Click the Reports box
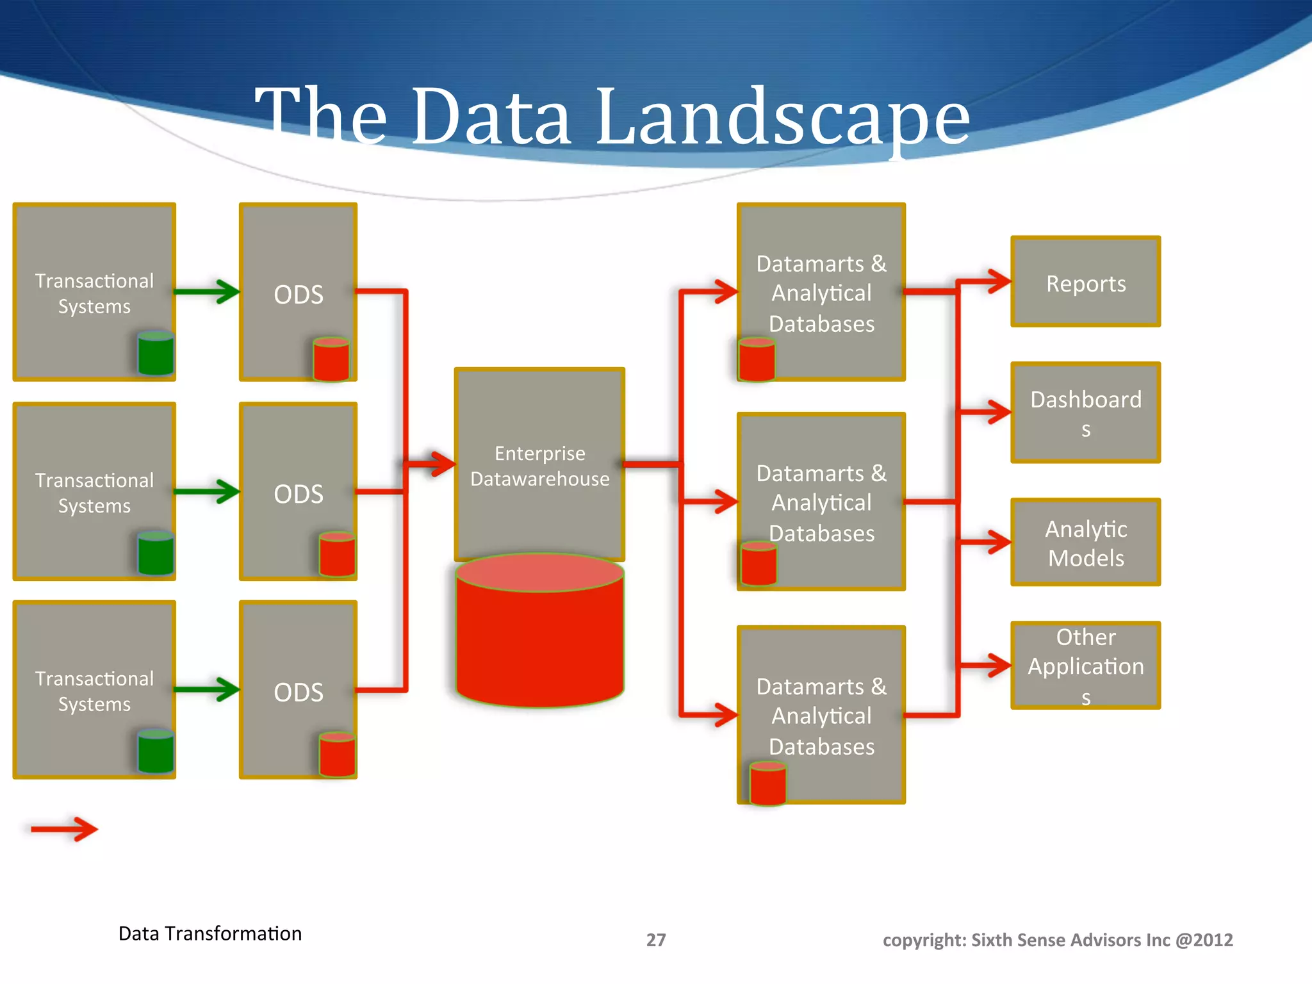click(x=1085, y=282)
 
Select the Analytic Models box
click(x=1085, y=542)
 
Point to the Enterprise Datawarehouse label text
click(x=539, y=466)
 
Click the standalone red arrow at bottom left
click(x=64, y=829)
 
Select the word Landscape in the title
click(x=782, y=117)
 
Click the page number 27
click(x=655, y=940)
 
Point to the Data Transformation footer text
click(x=209, y=933)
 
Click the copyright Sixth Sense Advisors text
click(x=1057, y=940)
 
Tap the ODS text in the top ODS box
click(x=299, y=295)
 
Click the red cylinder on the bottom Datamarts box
click(x=767, y=782)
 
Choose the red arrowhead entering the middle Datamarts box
click(x=725, y=501)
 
